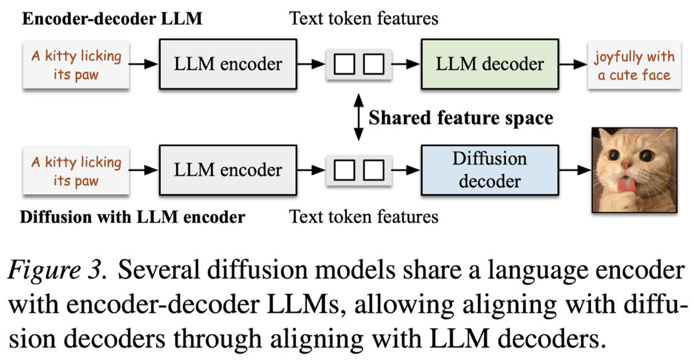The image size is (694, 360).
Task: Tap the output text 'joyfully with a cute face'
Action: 634,65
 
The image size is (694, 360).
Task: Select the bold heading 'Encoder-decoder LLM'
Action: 112,18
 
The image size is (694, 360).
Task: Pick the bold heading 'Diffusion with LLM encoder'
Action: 132,217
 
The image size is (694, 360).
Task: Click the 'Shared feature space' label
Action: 461,118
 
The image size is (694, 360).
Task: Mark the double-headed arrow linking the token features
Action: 358,117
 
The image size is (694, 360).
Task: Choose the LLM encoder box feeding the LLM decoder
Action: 228,64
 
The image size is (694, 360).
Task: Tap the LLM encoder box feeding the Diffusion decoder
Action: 228,170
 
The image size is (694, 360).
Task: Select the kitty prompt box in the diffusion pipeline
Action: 77,171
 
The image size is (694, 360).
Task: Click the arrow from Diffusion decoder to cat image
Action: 575,171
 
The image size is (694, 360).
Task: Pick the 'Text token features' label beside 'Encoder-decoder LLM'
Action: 364,18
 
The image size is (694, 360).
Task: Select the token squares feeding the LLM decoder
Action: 359,64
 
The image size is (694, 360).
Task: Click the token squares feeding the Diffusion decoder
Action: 359,171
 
